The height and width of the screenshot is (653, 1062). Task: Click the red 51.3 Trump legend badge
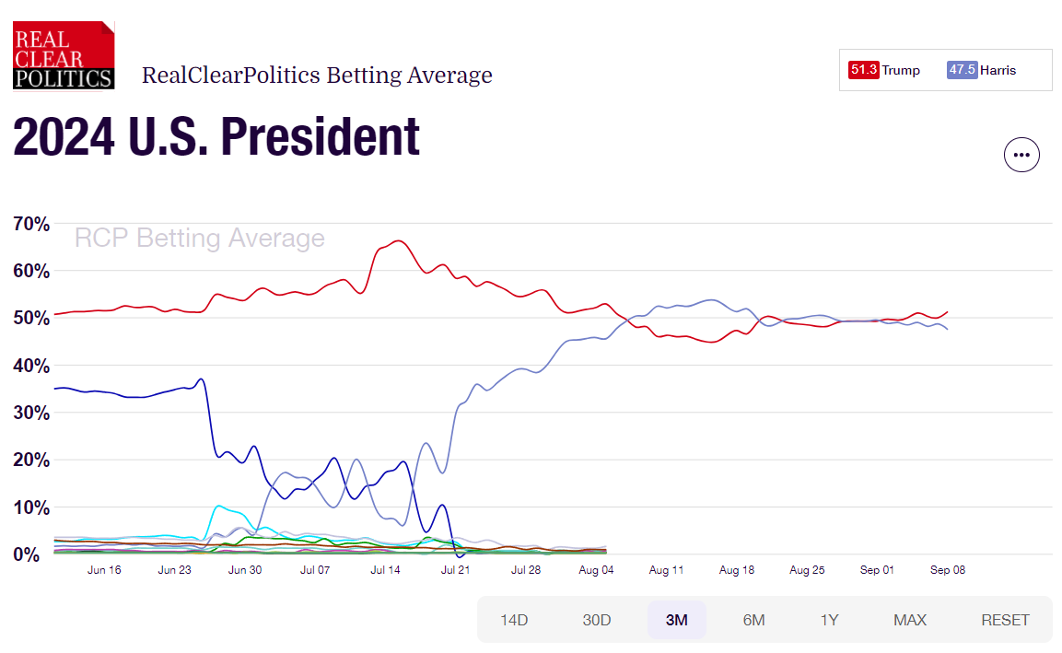(864, 70)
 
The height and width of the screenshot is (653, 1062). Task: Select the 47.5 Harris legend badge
(963, 70)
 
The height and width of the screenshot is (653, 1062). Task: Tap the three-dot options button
(1021, 155)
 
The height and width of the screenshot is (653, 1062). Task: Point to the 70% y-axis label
(31, 224)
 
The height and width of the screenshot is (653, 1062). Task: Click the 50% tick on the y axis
(31, 319)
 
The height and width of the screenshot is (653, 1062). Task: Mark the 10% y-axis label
(31, 507)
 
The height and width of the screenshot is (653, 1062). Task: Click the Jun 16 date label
(104, 570)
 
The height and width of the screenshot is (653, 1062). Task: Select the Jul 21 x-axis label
(455, 570)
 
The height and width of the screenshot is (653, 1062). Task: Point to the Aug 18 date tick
(736, 570)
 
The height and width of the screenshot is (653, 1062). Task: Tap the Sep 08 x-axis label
(947, 570)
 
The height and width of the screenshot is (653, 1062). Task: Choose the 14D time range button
(514, 620)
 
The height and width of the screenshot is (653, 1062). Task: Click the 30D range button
(597, 620)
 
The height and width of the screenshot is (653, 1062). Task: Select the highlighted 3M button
(677, 620)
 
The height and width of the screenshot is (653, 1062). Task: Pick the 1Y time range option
(829, 620)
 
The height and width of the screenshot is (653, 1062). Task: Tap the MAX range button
(909, 620)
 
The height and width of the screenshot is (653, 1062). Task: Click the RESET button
(1005, 620)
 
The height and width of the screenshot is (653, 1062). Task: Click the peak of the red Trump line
(397, 241)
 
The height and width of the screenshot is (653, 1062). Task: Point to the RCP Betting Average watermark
(199, 239)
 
